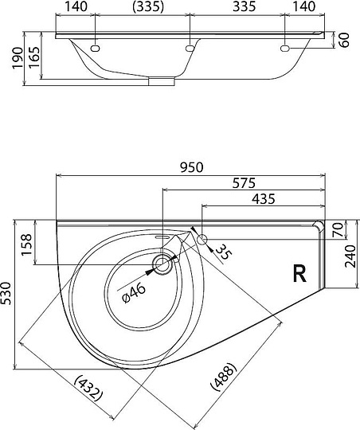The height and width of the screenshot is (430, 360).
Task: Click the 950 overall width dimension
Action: coord(192,167)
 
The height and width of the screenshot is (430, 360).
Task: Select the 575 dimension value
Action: coord(244,183)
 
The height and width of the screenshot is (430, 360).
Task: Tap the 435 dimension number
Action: coord(264,199)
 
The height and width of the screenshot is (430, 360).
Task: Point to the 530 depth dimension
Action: coord(6,293)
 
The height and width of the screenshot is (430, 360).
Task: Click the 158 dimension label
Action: coord(27,244)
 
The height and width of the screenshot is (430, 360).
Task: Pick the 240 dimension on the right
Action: coord(351,256)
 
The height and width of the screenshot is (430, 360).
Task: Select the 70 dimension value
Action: coord(338,230)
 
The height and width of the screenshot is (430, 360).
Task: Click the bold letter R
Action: coord(299,273)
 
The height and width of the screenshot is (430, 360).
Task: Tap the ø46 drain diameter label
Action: coord(134,294)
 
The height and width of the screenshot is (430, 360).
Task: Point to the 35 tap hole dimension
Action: coord(225,252)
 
